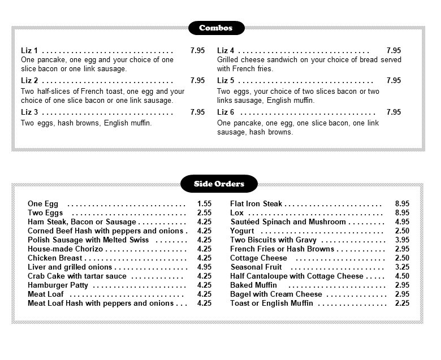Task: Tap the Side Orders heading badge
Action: pos(219,184)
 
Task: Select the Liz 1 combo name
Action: pos(29,50)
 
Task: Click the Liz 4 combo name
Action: pos(226,50)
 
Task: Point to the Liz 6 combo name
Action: pos(226,112)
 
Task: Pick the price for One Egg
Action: pos(204,204)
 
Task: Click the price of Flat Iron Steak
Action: pos(402,204)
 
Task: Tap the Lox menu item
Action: pos(236,213)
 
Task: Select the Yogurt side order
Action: pos(242,231)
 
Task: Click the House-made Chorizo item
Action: pos(65,249)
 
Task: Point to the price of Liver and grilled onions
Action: pos(204,267)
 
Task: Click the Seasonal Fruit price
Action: pos(402,267)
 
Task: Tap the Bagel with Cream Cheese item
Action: pos(276,294)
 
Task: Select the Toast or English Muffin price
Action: pos(402,303)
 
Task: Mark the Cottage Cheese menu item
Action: pos(258,258)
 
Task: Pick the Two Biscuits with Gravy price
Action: pos(402,240)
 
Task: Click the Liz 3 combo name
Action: pos(29,112)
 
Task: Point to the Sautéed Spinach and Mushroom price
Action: pos(402,222)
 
